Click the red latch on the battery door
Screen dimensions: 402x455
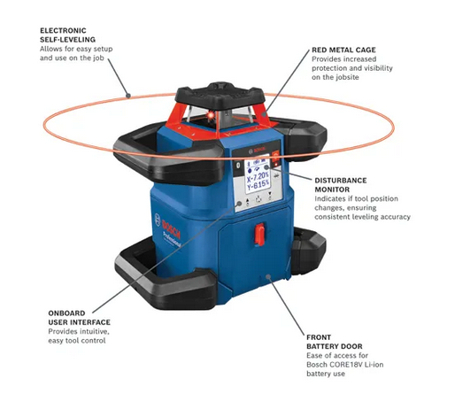[260, 235]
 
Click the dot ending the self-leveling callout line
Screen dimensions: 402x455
[129, 92]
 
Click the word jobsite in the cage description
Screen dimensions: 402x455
[349, 78]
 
